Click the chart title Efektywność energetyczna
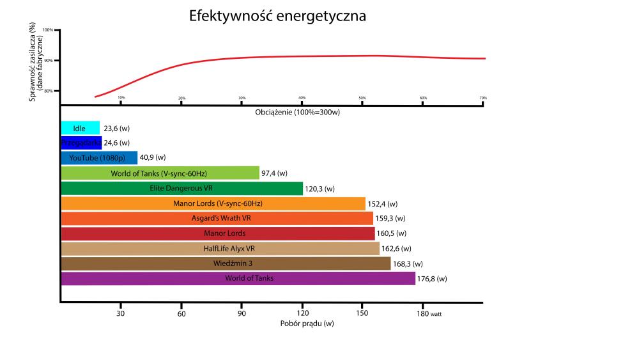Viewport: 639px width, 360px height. pyautogui.click(x=277, y=16)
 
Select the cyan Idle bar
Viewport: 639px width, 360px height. pyautogui.click(x=80, y=128)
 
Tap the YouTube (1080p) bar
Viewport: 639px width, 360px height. pyautogui.click(x=98, y=158)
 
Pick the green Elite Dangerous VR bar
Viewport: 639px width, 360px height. pyautogui.click(x=181, y=188)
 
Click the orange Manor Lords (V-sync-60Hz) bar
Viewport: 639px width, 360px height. pyautogui.click(x=213, y=203)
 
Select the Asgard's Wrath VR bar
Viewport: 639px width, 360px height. pyautogui.click(x=217, y=218)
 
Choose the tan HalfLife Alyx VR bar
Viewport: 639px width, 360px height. pyautogui.click(x=220, y=248)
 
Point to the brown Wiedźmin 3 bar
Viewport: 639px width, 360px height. pyautogui.click(x=225, y=263)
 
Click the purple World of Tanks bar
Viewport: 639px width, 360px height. pyautogui.click(x=238, y=278)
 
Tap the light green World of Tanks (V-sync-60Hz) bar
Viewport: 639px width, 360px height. pyautogui.click(x=160, y=173)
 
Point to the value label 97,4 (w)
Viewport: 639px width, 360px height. pyautogui.click(x=275, y=173)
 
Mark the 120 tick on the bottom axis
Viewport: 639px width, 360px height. pyautogui.click(x=302, y=313)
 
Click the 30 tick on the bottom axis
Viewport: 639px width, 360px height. pyautogui.click(x=120, y=313)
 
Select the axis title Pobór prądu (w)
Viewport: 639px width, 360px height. pyautogui.click(x=307, y=324)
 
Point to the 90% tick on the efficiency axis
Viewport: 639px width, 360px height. pyautogui.click(x=49, y=61)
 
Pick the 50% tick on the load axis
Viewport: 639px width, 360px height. pyautogui.click(x=362, y=98)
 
